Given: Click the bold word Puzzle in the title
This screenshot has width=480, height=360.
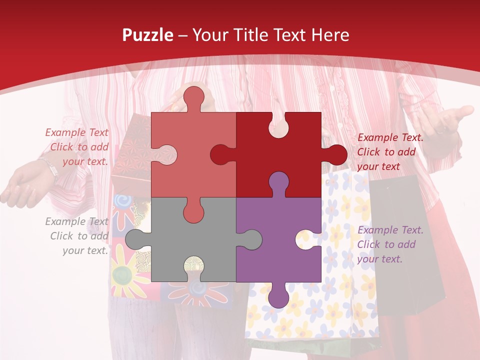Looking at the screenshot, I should pos(148,35).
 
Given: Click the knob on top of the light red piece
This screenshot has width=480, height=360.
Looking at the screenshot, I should pos(194,98).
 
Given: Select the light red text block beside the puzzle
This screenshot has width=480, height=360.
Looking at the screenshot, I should pos(77,147).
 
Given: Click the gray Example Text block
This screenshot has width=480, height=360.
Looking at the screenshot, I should pos(77,236).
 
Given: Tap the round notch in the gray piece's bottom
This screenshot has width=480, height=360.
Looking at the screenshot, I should pos(194,265).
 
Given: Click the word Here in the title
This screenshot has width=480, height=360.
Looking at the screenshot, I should pos(330,35).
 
